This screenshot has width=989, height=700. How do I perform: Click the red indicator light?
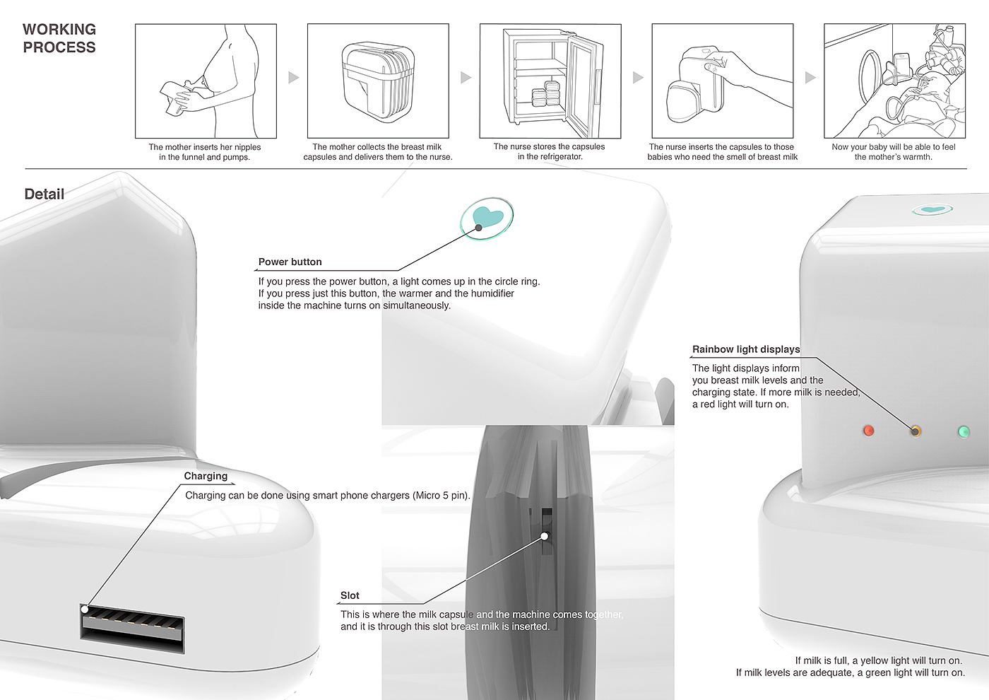pos(868,431)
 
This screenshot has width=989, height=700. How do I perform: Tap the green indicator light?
pos(964,432)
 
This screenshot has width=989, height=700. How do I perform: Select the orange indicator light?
pos(916,431)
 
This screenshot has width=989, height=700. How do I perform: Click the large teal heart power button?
pos(487,218)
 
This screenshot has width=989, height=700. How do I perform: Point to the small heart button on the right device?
pos(932,210)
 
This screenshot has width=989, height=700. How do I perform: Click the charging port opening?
pos(132,628)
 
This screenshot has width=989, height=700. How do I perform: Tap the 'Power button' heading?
pos(290,262)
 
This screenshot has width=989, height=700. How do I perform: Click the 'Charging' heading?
pos(206,476)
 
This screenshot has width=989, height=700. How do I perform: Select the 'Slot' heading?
pos(350,595)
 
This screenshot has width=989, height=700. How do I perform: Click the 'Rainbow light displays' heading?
pos(746,349)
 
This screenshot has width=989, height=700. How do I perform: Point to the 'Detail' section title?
pos(44,194)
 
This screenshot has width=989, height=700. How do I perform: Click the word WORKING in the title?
pos(59,29)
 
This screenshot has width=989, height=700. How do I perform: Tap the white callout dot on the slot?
pos(545,536)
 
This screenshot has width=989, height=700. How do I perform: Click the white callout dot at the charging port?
pos(85,609)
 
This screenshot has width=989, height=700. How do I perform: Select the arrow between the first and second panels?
pos(294,77)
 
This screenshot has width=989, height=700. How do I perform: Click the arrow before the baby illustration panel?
pos(810,77)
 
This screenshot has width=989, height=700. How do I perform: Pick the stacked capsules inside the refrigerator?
pos(545,93)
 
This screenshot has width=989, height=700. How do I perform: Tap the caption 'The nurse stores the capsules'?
pos(550,146)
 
